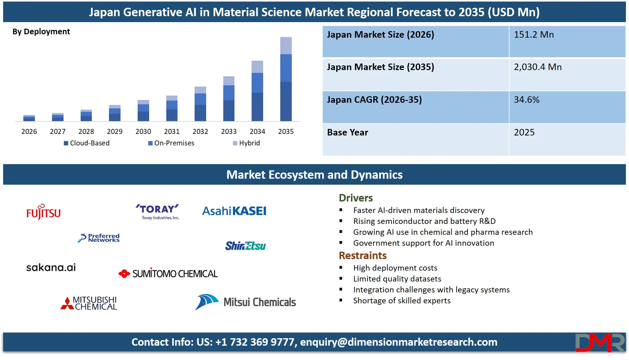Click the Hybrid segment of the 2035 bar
click(x=286, y=45)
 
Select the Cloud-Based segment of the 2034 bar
click(x=257, y=107)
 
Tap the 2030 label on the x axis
click(x=143, y=131)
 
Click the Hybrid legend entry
click(x=246, y=143)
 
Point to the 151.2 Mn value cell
click(x=534, y=35)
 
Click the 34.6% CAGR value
click(x=526, y=100)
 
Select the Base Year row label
click(x=348, y=132)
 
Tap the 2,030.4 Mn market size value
click(x=537, y=67)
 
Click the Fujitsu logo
click(x=43, y=212)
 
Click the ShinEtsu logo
click(x=245, y=246)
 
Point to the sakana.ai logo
click(x=51, y=267)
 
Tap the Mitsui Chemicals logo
click(x=246, y=302)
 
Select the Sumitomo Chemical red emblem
click(x=124, y=273)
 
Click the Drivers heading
click(x=356, y=198)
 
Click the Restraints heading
click(x=362, y=256)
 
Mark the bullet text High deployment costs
click(x=395, y=268)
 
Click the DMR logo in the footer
click(x=600, y=343)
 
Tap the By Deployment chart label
click(x=41, y=31)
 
